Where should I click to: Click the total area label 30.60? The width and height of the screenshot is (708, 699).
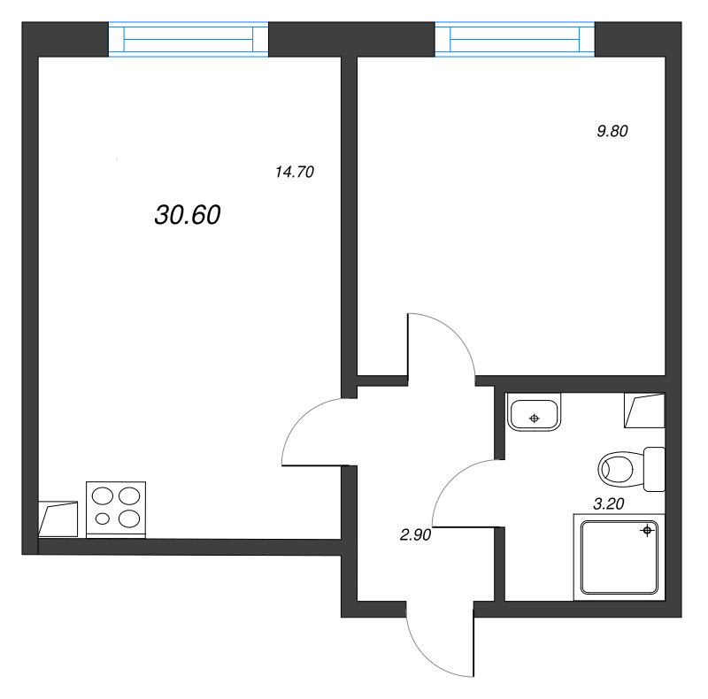[x=187, y=215]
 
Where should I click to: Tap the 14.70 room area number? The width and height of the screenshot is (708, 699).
[x=295, y=173]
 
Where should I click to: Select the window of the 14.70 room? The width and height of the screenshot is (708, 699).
[x=188, y=40]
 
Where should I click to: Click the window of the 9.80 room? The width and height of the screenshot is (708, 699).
[x=514, y=40]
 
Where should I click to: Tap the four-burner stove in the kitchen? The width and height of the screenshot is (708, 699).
[x=115, y=509]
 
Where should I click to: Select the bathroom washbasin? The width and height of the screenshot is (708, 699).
[x=534, y=413]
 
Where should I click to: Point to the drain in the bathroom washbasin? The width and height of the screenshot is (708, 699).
[x=534, y=415]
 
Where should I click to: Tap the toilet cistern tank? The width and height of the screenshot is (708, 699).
[x=654, y=468]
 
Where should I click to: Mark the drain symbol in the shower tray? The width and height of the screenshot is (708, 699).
[x=647, y=531]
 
